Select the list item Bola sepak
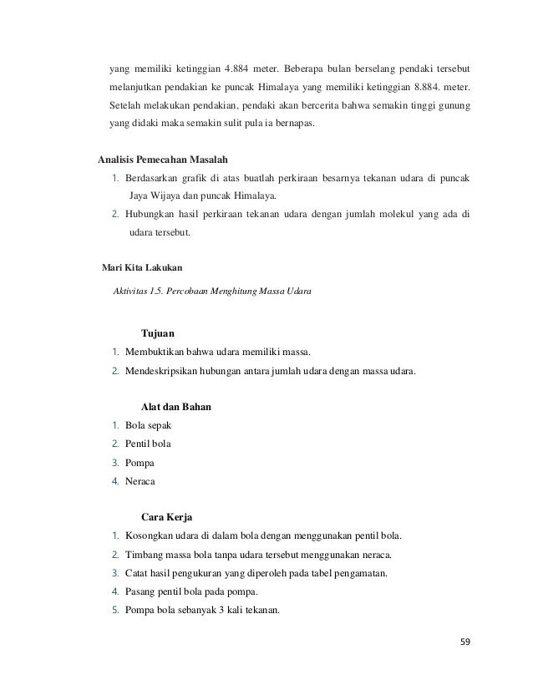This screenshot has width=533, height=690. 148,426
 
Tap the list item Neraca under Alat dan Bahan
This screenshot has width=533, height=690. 142,482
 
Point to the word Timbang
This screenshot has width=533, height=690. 145,556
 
